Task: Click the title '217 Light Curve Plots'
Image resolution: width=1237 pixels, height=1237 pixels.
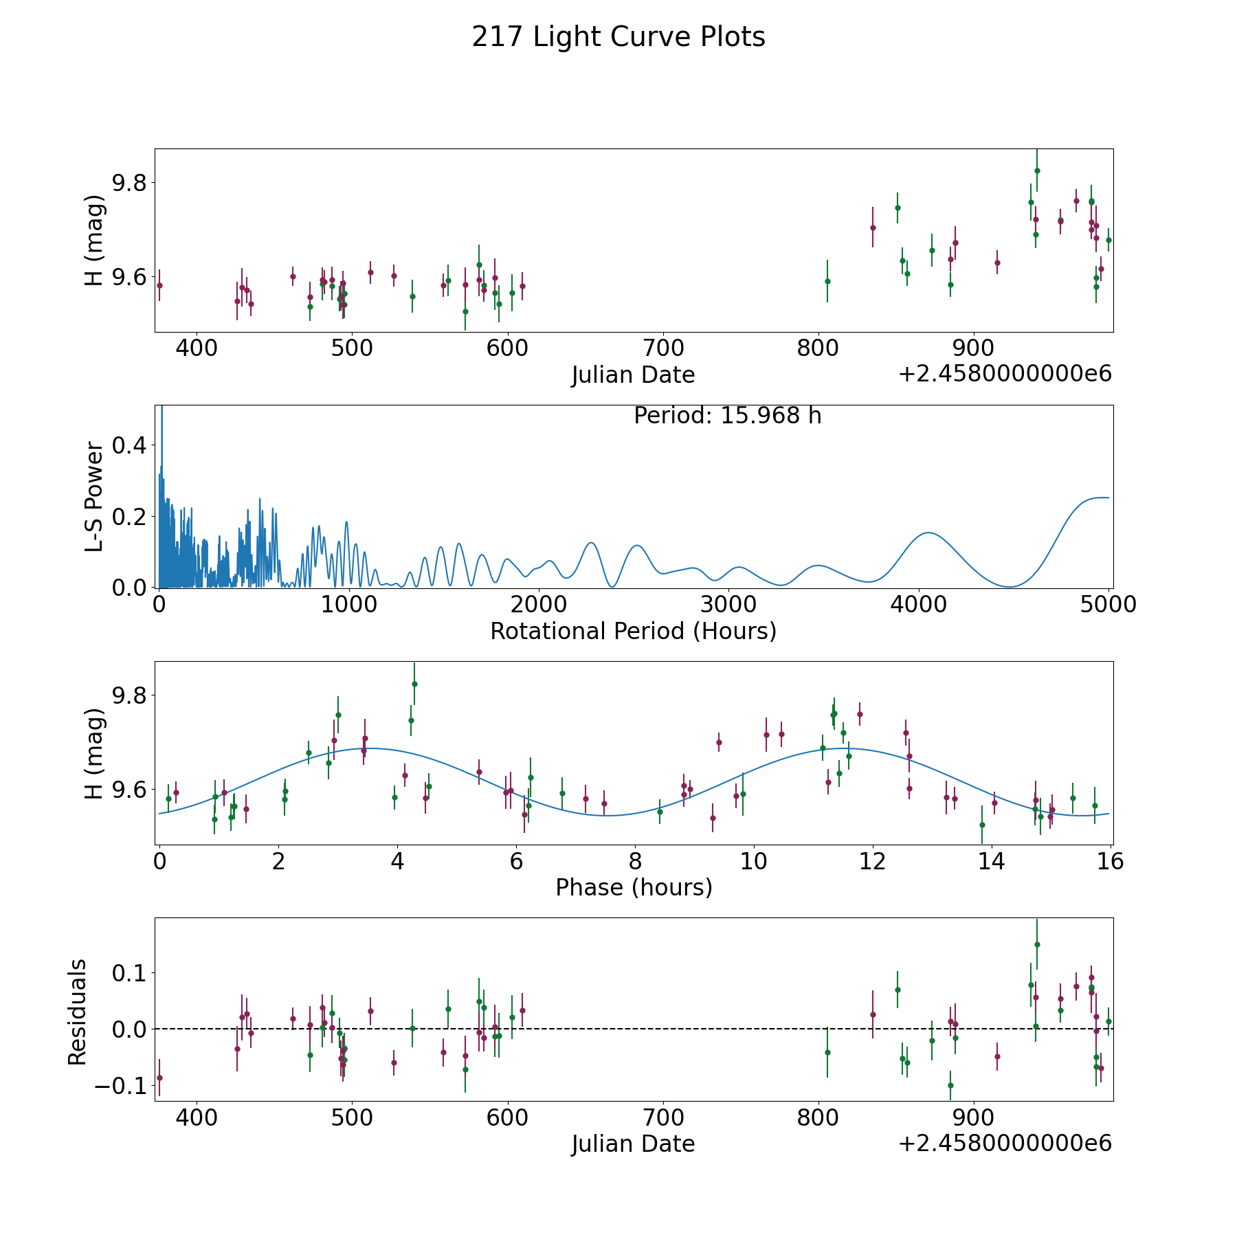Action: [x=618, y=37]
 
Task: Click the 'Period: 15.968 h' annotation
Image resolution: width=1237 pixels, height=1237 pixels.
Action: [x=728, y=416]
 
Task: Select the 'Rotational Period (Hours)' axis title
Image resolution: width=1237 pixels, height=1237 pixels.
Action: [x=634, y=631]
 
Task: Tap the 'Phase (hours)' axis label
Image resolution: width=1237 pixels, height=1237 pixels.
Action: [x=634, y=887]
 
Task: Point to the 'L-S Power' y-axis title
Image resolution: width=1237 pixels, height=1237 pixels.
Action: [x=95, y=497]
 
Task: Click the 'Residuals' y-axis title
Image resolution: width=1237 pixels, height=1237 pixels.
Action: [x=78, y=1012]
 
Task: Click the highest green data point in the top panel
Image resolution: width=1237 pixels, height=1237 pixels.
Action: [x=1037, y=170]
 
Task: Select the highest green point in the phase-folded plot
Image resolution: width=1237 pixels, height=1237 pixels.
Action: [x=414, y=684]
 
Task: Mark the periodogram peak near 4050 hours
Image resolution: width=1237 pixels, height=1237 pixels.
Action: [x=928, y=533]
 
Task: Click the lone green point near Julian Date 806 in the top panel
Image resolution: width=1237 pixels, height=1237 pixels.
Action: [x=827, y=281]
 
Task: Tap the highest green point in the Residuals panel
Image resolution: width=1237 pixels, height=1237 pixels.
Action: [x=1037, y=944]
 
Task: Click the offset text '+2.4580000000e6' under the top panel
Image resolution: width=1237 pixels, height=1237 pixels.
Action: [x=1005, y=374]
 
